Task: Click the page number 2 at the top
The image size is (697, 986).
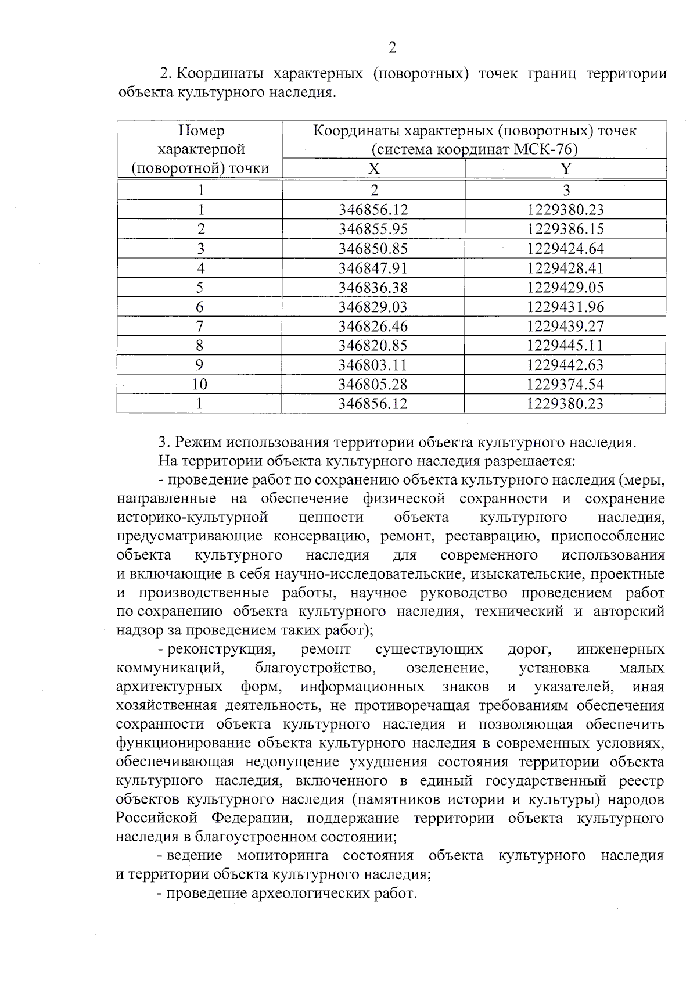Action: (392, 48)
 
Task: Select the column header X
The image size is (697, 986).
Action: (373, 168)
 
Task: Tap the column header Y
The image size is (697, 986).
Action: (566, 168)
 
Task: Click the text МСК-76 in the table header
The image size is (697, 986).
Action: (544, 149)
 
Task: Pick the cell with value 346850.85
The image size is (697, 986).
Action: (373, 249)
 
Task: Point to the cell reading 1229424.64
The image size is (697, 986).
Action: (566, 249)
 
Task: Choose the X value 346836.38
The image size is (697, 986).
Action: (373, 288)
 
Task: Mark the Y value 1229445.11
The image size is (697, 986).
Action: (566, 346)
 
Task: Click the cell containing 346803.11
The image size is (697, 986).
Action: (373, 365)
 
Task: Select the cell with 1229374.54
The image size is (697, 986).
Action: (566, 384)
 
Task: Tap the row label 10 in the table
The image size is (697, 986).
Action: (200, 384)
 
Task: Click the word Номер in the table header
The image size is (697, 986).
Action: (201, 130)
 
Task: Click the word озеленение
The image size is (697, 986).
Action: (447, 668)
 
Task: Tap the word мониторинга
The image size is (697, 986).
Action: (282, 855)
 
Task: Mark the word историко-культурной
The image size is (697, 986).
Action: (192, 517)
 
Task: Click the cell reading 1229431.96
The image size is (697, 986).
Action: (566, 307)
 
